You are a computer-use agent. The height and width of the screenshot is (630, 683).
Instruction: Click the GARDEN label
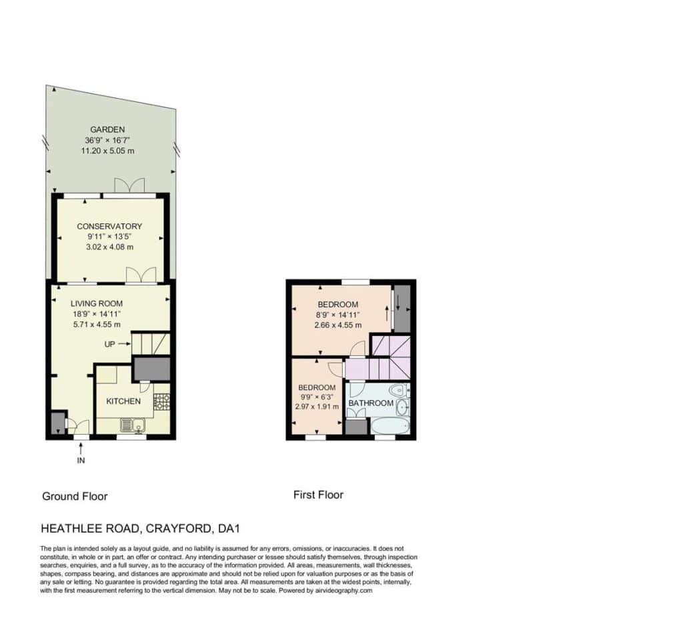(x=107, y=129)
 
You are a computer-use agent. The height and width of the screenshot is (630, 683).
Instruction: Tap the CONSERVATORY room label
(x=109, y=227)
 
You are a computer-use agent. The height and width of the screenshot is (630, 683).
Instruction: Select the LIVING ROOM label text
(x=97, y=303)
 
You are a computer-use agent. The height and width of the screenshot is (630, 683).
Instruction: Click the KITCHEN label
(x=123, y=401)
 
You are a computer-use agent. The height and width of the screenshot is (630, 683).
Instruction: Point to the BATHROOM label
(x=371, y=403)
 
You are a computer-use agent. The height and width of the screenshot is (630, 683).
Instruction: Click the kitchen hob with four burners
(x=161, y=401)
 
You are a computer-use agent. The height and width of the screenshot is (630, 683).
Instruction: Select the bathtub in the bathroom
(x=390, y=425)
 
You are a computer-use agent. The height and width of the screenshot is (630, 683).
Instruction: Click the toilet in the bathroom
(x=398, y=389)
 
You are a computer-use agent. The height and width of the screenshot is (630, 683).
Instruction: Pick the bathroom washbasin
(x=402, y=407)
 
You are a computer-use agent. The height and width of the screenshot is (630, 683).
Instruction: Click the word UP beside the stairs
(x=110, y=345)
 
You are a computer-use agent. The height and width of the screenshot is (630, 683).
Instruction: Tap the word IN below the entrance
(x=81, y=460)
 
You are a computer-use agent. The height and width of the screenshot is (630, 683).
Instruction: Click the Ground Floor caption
(x=75, y=497)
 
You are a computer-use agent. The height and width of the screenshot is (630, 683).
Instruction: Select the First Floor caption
(x=318, y=495)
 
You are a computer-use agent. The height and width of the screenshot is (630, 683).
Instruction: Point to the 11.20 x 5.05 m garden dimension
(x=107, y=151)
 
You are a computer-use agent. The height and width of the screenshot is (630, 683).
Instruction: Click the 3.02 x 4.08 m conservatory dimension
(x=109, y=247)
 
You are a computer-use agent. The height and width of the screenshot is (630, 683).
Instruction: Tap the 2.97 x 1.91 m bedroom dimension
(x=317, y=407)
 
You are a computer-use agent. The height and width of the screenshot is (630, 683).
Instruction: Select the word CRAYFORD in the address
(x=179, y=529)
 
